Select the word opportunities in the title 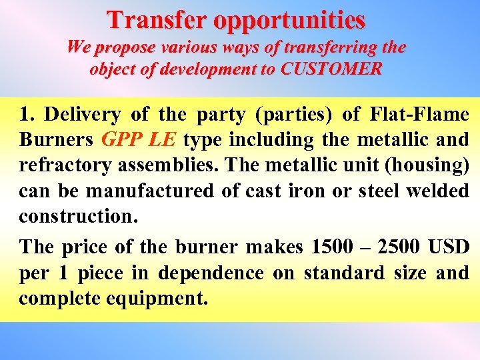click(290, 21)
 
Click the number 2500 click(398, 247)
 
